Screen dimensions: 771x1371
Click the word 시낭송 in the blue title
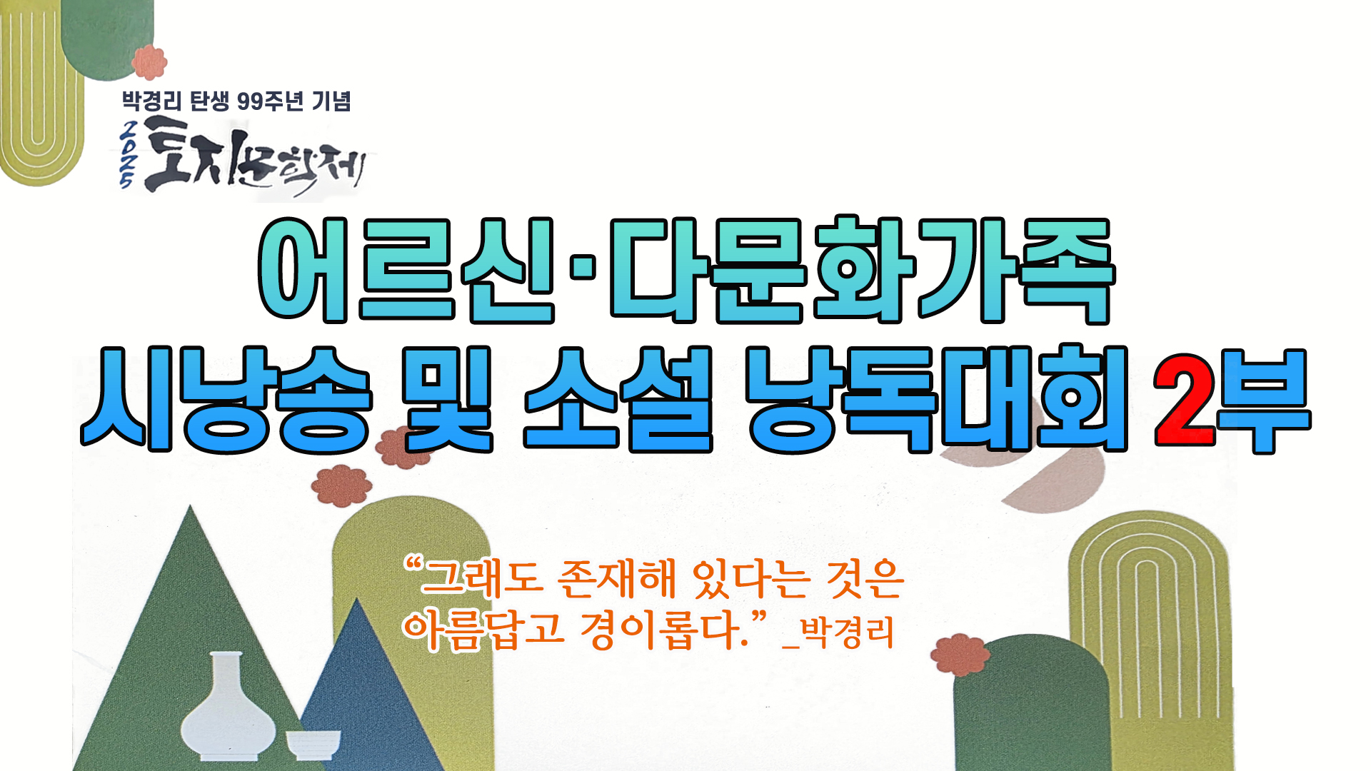[x=227, y=400]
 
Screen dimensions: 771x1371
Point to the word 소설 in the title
[x=618, y=400]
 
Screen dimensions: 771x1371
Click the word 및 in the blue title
[x=447, y=400]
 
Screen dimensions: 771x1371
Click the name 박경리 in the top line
[x=152, y=101]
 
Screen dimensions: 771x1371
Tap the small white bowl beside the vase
[x=313, y=745]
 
